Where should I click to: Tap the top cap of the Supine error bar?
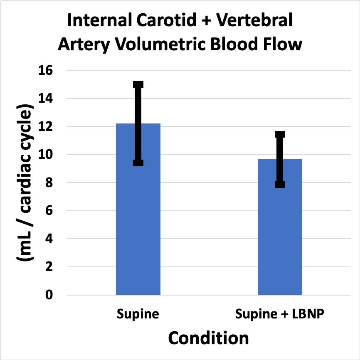pyautogui.click(x=138, y=84)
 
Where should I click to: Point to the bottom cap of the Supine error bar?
pyautogui.click(x=138, y=163)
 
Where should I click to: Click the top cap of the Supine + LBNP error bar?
pyautogui.click(x=280, y=134)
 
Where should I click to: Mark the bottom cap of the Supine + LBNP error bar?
pyautogui.click(x=280, y=184)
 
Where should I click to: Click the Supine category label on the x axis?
pyautogui.click(x=138, y=314)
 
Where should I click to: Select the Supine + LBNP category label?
pyautogui.click(x=280, y=314)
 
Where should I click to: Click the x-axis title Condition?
pyautogui.click(x=208, y=338)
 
